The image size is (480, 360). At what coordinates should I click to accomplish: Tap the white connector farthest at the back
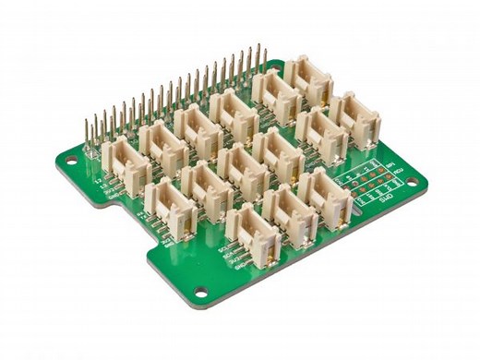click(308, 78)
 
